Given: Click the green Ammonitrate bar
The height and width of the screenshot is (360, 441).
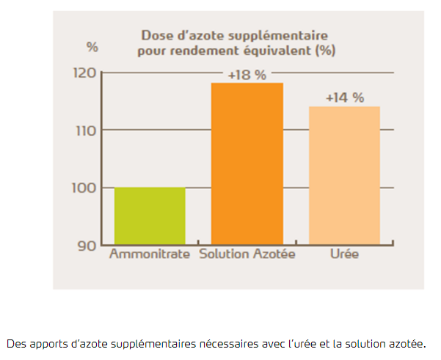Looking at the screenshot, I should (x=150, y=216).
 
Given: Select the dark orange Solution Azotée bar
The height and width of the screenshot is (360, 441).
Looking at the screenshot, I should (x=247, y=164).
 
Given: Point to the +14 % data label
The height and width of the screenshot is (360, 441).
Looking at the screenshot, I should (x=344, y=98).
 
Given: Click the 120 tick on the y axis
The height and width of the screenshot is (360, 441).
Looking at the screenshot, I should (x=85, y=73).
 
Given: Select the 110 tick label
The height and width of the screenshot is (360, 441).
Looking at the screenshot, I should (x=85, y=131).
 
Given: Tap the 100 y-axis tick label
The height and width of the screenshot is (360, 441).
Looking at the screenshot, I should (x=85, y=188).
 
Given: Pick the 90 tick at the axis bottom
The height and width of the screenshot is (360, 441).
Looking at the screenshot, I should (x=87, y=245).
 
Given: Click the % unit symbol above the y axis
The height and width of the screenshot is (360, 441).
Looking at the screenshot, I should (x=92, y=47).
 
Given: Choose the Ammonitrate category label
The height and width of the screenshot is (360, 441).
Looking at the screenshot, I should (x=150, y=255).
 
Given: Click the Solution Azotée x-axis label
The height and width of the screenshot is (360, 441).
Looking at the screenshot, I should (x=247, y=255).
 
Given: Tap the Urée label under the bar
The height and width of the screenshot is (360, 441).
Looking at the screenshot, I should (x=343, y=255).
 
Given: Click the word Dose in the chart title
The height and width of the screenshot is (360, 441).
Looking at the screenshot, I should (x=156, y=35).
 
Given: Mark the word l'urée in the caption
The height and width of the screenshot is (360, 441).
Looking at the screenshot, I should (x=295, y=343).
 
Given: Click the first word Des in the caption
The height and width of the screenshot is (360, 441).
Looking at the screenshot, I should (x=15, y=343).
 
